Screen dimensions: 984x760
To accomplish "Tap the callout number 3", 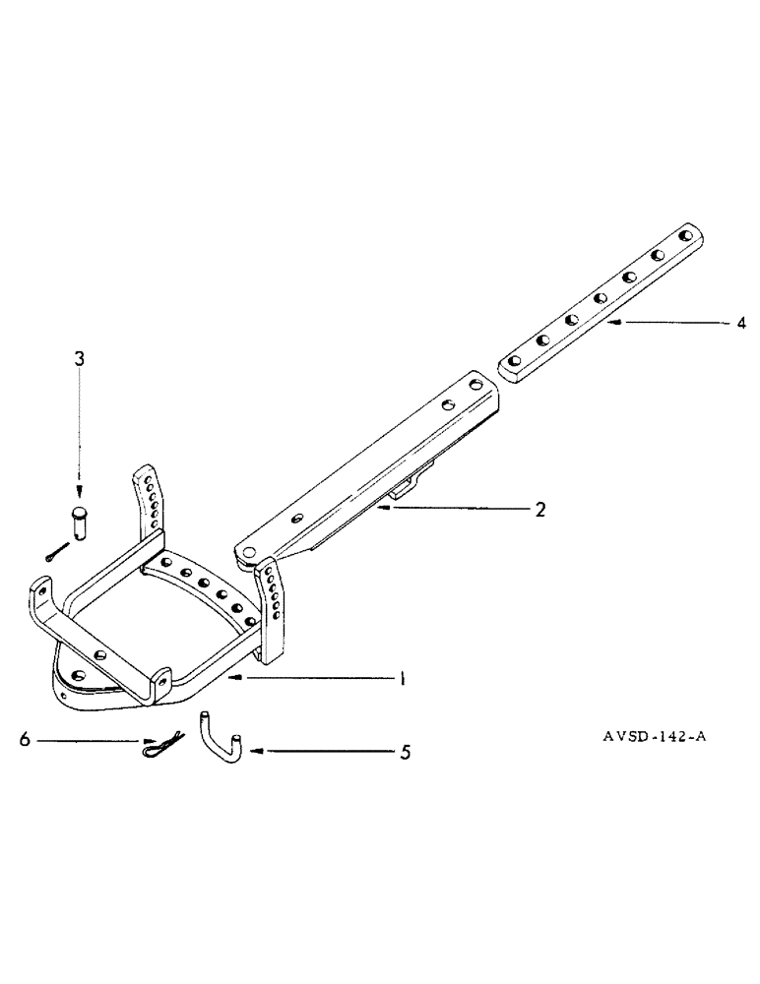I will tap(79, 360).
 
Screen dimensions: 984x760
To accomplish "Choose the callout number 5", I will tap(405, 753).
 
